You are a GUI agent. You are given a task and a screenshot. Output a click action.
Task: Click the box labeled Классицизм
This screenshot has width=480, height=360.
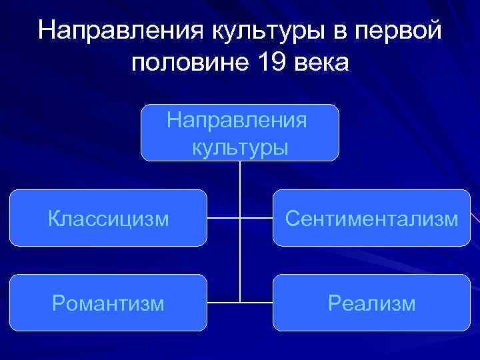coord(108,218)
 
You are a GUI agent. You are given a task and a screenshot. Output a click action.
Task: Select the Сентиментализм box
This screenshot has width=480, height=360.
coord(371,218)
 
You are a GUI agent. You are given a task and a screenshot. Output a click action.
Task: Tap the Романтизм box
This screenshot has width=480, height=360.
coord(108,303)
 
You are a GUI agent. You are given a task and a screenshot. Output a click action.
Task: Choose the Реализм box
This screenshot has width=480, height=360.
coord(371,303)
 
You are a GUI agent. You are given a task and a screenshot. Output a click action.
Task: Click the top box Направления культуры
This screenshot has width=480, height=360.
coord(240,133)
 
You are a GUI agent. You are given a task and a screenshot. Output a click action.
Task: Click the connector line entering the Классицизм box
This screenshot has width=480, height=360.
coord(223,218)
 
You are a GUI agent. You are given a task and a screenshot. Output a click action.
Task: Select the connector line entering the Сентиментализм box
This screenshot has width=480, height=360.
coord(257,218)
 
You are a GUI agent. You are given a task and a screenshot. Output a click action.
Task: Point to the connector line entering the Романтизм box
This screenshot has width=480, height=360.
coord(223,303)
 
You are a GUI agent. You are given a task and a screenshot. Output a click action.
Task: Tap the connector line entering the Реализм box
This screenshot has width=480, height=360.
coord(257,303)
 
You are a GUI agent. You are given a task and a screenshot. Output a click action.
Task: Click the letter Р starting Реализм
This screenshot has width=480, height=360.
coord(333,304)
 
